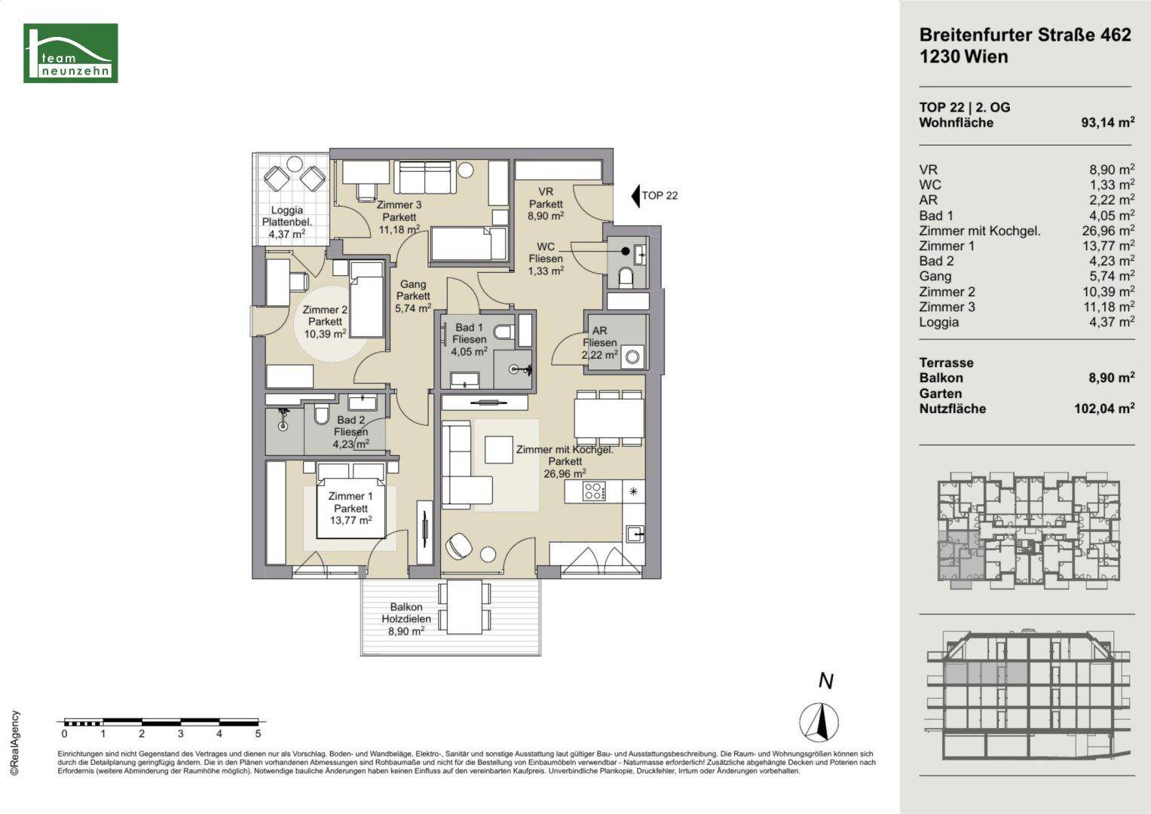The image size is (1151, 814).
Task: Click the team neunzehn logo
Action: [70, 53]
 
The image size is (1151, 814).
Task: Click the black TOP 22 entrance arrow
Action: [635, 196]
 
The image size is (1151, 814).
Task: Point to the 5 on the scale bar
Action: [259, 734]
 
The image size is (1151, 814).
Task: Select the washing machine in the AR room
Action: [632, 357]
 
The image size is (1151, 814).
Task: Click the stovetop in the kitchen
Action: [593, 491]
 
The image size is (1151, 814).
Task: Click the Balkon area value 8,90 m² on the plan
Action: [406, 631]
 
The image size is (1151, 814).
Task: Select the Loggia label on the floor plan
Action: [286, 210]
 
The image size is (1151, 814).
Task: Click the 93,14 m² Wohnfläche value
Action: [1107, 122]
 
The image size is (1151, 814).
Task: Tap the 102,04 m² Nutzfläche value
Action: [1104, 409]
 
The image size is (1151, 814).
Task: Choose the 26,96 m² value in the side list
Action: [1107, 231]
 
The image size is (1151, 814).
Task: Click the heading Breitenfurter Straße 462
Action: [1025, 35]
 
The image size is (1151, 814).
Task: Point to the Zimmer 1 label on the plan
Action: [351, 497]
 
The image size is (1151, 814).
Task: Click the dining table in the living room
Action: [609, 418]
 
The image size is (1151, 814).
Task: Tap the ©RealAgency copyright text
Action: [15, 743]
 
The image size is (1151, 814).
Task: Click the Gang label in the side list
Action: [935, 277]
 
